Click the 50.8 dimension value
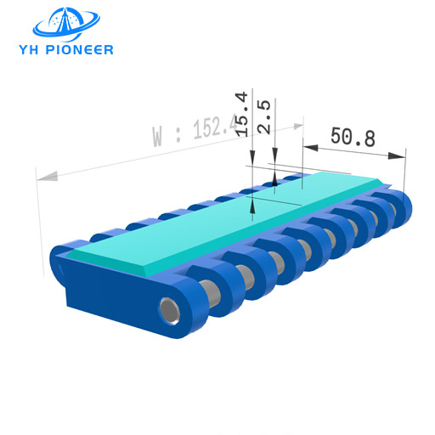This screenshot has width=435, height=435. pyautogui.click(x=353, y=137)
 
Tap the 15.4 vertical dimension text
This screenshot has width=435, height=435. pyautogui.click(x=242, y=114)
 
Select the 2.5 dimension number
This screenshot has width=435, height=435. pyautogui.click(x=264, y=116)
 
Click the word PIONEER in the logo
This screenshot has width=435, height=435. pyautogui.click(x=80, y=49)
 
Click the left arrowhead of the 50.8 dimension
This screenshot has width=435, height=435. pyautogui.click(x=309, y=148)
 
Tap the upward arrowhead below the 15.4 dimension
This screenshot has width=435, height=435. pyautogui.click(x=252, y=205)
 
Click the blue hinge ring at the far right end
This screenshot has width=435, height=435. pyautogui.click(x=398, y=208)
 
